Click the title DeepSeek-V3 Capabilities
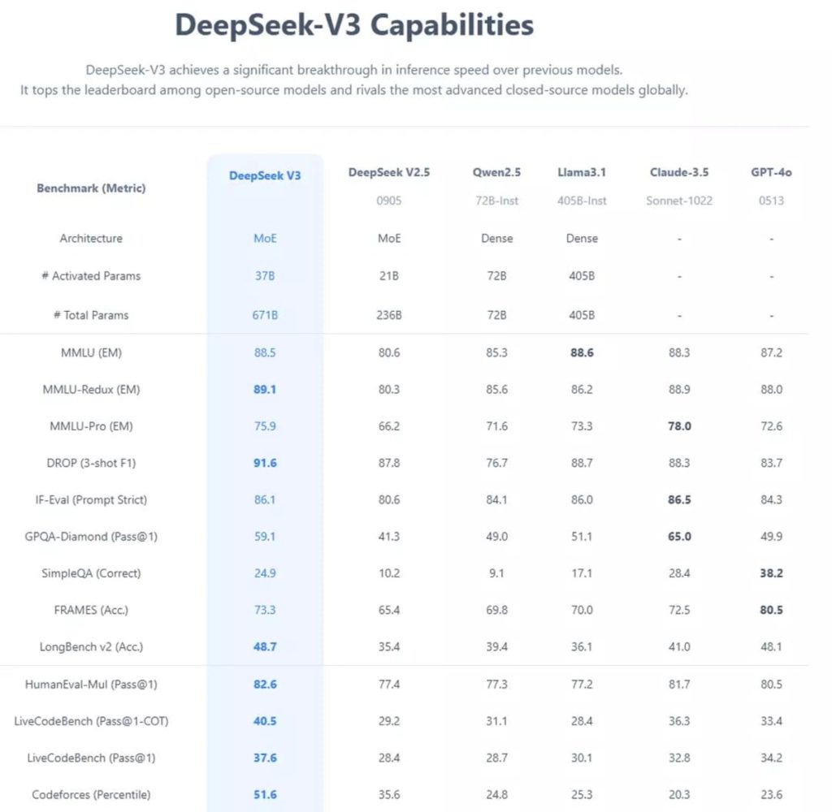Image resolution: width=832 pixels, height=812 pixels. (x=354, y=24)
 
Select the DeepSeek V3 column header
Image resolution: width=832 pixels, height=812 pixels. (x=265, y=175)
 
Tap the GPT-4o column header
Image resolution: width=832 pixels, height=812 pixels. (x=771, y=172)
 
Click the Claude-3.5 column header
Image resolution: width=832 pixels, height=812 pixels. (x=679, y=172)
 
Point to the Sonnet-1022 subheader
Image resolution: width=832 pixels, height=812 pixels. (x=679, y=200)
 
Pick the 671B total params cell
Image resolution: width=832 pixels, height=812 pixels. (x=265, y=315)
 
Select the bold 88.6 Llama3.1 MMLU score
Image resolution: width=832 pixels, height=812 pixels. (x=582, y=353)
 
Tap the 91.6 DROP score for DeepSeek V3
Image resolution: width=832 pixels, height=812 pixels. (x=265, y=463)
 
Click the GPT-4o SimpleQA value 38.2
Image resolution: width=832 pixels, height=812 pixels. (x=771, y=573)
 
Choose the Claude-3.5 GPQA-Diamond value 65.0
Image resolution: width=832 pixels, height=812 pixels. (x=679, y=537)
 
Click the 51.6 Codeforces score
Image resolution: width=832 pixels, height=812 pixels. (x=265, y=794)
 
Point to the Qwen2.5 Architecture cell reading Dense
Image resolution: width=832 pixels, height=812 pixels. (x=496, y=239)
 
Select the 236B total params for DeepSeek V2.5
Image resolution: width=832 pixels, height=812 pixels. (x=388, y=315)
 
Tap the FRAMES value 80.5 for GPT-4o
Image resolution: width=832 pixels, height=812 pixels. (x=771, y=610)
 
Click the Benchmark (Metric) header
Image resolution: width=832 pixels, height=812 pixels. (x=91, y=188)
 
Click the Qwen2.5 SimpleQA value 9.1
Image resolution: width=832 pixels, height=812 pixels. (x=496, y=573)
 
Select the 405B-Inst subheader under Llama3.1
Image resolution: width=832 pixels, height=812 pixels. (x=582, y=200)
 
